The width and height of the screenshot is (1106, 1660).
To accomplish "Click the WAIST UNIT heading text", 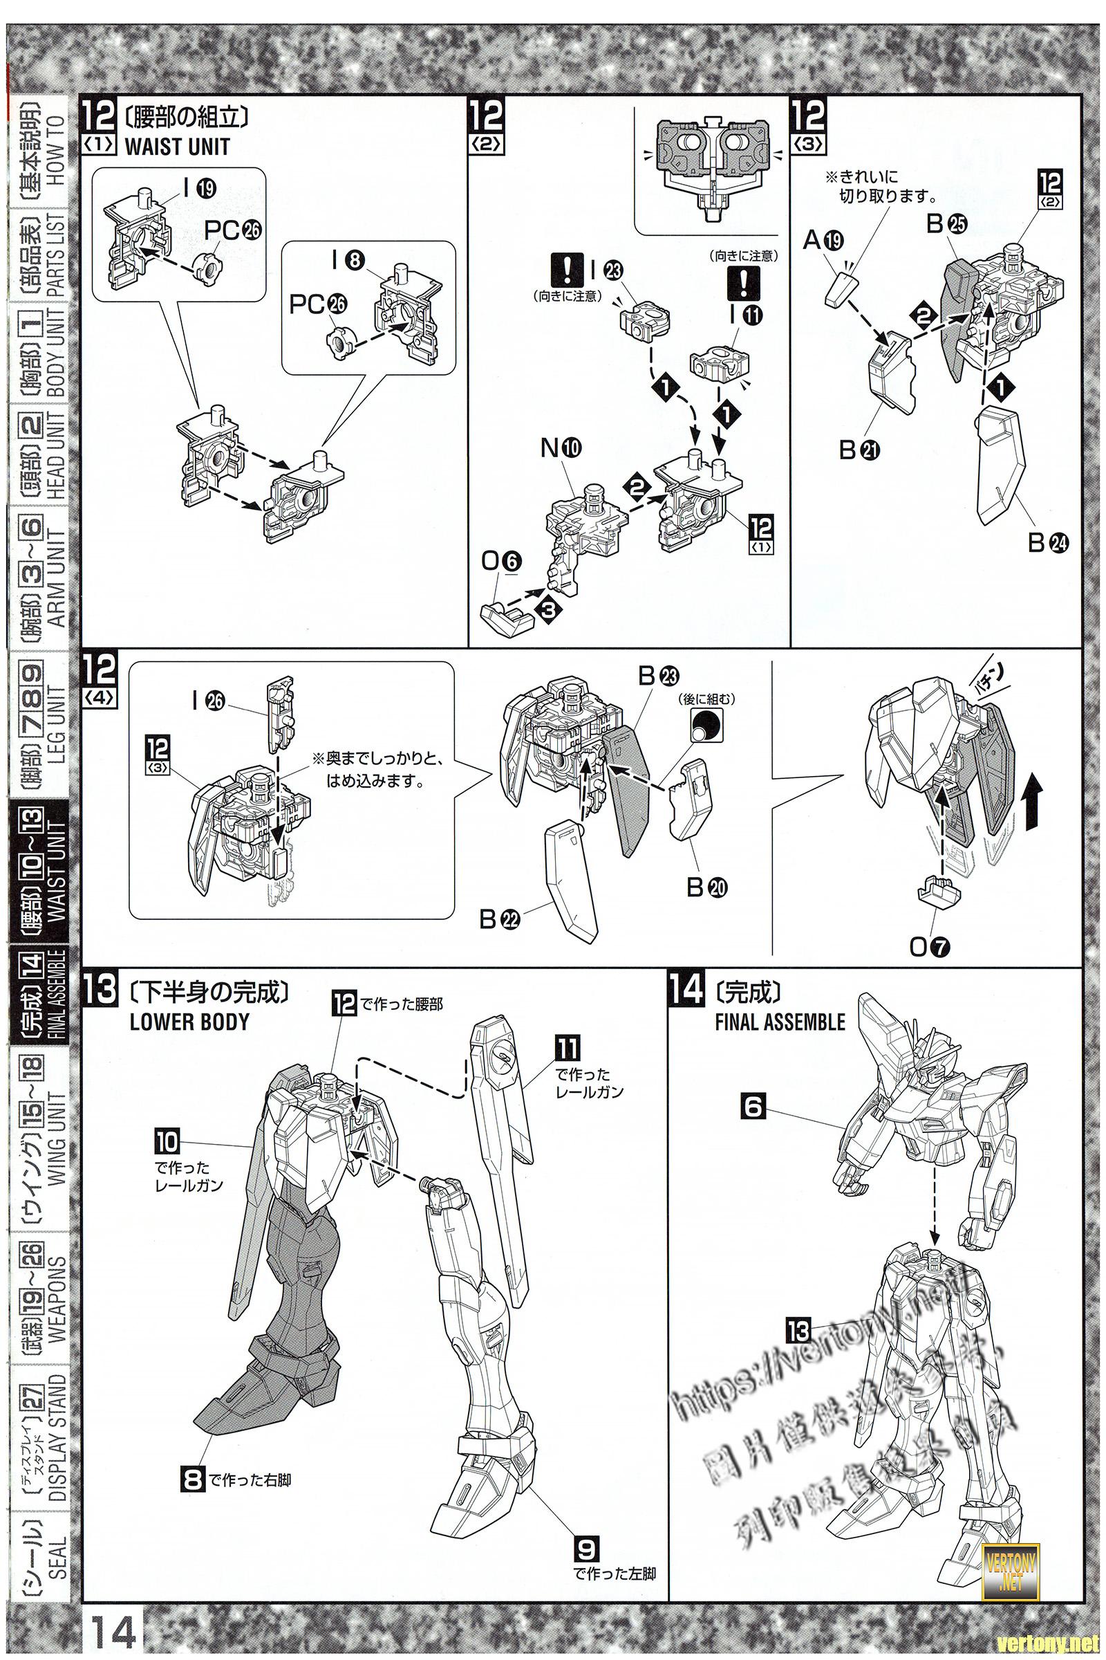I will click(x=177, y=147).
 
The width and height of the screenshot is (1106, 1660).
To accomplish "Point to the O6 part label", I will click(x=503, y=560).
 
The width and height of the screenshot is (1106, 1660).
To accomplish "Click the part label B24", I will click(x=1047, y=542).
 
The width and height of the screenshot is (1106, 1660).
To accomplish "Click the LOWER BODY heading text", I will click(x=189, y=1023).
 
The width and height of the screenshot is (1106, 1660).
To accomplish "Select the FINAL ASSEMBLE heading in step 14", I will click(x=780, y=1023).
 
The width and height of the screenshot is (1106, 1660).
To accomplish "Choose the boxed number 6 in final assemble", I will click(x=753, y=1109).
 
